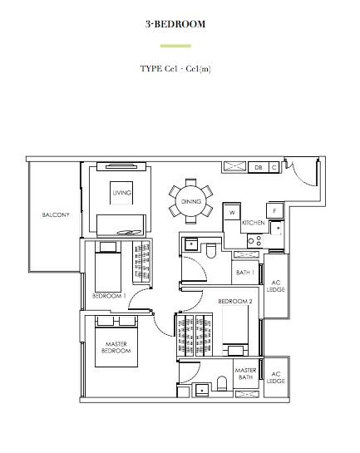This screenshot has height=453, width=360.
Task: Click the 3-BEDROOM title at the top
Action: coord(175,24)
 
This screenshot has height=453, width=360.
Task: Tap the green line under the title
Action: coord(175,46)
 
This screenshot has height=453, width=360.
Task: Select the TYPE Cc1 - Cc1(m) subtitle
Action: coord(175,69)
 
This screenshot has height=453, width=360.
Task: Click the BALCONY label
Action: coord(56,214)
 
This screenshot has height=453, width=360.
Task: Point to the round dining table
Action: coord(191,201)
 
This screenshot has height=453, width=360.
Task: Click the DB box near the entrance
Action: coord(259,167)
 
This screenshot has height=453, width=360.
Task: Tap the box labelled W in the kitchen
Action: coord(232,212)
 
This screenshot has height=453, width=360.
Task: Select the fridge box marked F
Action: coord(274,210)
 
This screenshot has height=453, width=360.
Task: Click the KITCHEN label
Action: coord(254,223)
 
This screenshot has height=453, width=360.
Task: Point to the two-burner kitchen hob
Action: coord(255,241)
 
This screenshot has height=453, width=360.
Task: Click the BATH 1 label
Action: coord(245,273)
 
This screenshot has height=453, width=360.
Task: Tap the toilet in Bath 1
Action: coord(211,250)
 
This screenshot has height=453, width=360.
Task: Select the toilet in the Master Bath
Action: coord(222,383)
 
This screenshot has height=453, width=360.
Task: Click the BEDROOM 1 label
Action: coord(109,296)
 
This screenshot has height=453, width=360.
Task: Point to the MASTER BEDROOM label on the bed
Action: coord(116,347)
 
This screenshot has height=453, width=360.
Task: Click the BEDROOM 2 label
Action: coord(235,302)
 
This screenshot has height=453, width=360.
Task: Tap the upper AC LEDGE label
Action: coord(276,286)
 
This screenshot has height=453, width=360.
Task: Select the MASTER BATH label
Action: coord(245,373)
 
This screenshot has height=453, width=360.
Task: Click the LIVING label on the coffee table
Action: coord(121,193)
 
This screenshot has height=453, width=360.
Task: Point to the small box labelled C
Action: coord(274,167)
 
